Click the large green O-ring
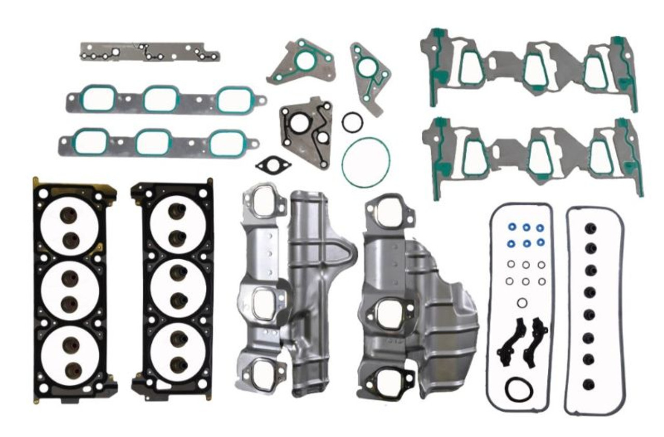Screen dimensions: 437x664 point(366,139)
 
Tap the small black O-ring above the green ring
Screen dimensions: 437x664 point(352,122)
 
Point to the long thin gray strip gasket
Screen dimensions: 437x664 point(149,51)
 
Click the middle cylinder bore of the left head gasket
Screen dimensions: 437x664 point(70,290)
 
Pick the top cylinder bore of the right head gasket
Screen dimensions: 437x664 point(178,225)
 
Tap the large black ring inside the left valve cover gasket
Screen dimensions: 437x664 point(518,389)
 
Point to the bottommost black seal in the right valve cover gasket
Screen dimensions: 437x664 point(589,385)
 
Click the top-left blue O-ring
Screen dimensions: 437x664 point(512,227)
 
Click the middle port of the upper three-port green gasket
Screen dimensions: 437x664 point(161,98)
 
